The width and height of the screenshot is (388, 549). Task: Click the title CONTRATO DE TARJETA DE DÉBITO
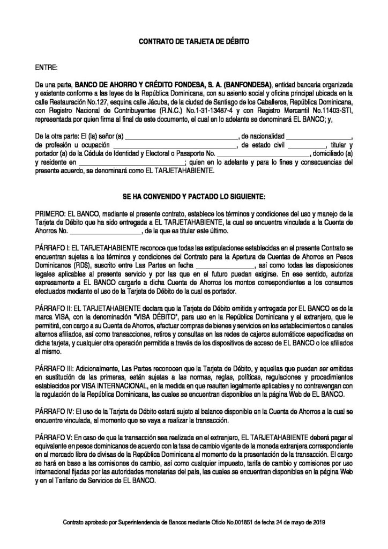click(x=194, y=41)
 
